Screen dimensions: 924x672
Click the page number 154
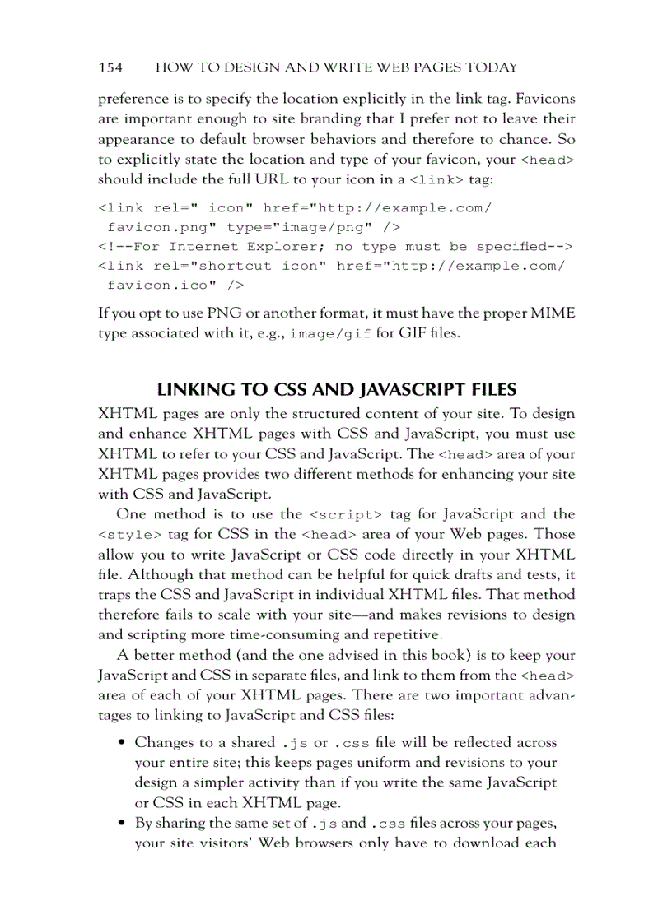point(110,67)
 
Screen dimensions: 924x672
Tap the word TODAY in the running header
point(488,67)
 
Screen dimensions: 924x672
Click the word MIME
point(554,313)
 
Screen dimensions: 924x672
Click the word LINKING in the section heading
point(195,389)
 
